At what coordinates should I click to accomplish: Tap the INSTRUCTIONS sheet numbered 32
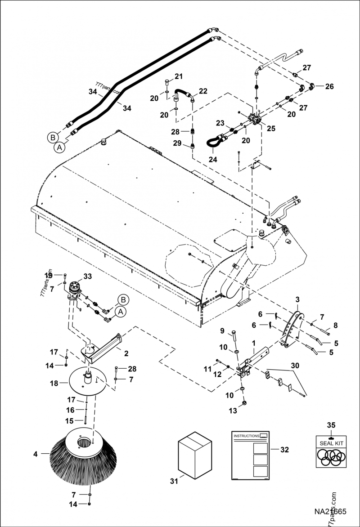250,456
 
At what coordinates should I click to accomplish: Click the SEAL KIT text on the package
331,442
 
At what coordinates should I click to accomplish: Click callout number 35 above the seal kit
331,424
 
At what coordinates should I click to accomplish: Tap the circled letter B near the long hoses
53,137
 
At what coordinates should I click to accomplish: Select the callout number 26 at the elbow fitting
329,86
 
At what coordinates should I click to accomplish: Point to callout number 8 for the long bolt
335,325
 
